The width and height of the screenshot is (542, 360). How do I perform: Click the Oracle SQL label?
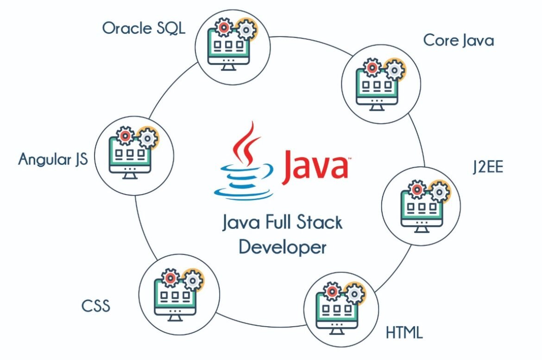coord(144,28)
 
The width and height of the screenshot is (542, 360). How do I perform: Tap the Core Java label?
coord(459,41)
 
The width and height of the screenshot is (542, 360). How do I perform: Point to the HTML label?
coord(404,333)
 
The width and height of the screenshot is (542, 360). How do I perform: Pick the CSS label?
coord(96,306)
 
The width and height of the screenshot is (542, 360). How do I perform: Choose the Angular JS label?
coord(53,159)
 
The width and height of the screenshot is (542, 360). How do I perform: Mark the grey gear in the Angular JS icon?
coord(148,138)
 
